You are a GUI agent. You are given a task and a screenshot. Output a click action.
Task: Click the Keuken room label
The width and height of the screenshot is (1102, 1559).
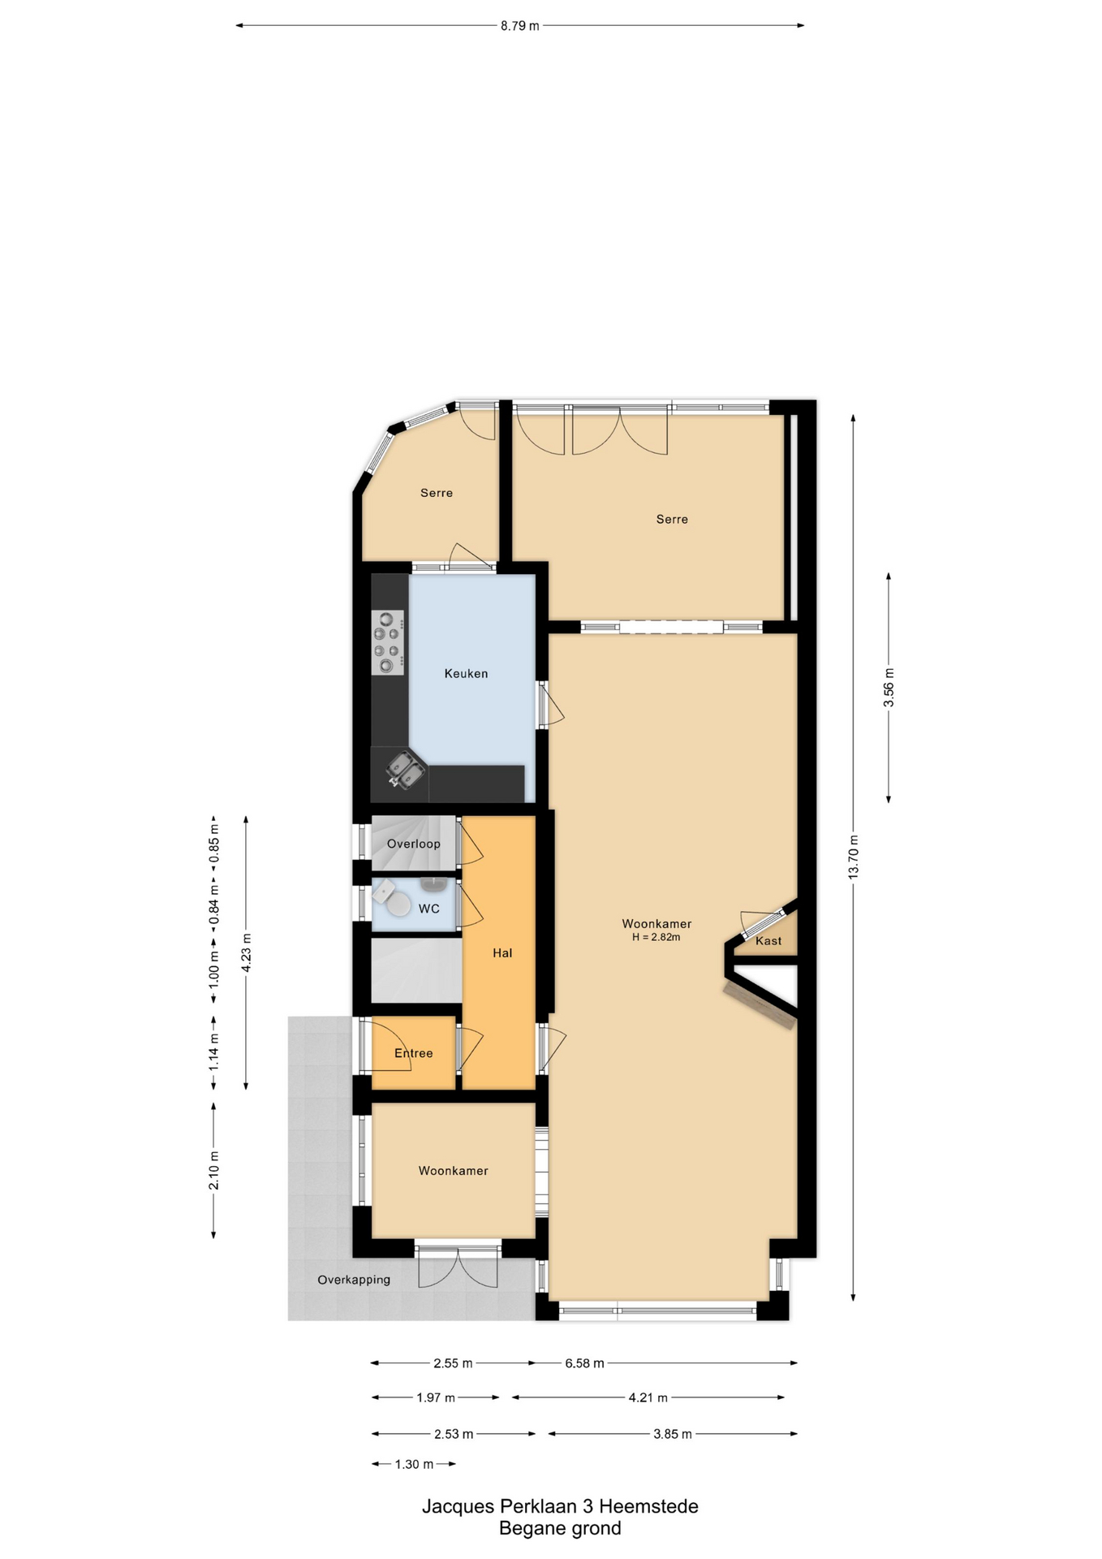click(466, 673)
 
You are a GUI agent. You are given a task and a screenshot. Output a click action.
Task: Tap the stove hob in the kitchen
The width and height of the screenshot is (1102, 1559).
click(388, 643)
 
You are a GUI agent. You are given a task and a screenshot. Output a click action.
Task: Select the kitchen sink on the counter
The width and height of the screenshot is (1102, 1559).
click(405, 770)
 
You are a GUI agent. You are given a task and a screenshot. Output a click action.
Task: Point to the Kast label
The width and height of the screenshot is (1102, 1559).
click(768, 941)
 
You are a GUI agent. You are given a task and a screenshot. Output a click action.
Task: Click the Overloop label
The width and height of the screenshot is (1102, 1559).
click(414, 844)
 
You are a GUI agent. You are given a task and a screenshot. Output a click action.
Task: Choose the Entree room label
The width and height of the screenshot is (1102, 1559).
click(414, 1053)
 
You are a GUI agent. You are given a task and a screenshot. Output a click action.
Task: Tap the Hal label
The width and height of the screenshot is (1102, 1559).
click(502, 952)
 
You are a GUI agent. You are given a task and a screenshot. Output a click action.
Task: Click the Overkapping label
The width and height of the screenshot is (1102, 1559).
click(354, 1280)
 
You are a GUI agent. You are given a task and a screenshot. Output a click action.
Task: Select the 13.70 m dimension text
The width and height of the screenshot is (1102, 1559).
click(853, 856)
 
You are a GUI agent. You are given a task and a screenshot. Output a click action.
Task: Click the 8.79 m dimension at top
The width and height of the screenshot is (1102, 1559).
click(519, 25)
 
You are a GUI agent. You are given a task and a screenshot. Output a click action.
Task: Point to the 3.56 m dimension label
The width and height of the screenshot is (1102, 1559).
click(889, 687)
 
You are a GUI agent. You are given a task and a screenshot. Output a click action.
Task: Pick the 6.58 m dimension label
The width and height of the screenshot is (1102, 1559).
click(584, 1363)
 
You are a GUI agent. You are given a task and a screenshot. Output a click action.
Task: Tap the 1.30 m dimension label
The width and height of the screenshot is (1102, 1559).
click(414, 1464)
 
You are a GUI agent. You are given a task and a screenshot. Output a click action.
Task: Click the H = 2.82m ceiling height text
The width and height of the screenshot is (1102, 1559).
click(656, 937)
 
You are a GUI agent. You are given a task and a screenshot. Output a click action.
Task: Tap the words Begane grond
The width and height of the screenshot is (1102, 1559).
click(560, 1528)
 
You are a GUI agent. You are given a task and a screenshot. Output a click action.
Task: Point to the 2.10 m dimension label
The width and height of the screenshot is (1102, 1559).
click(213, 1170)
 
